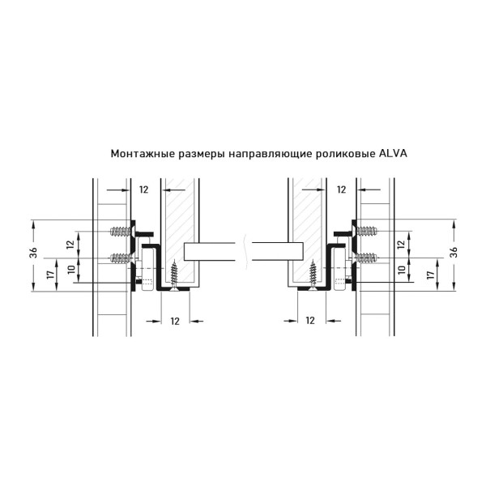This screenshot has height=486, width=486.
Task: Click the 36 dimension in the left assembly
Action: [x=33, y=253]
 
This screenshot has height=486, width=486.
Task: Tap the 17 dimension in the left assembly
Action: [x=51, y=275]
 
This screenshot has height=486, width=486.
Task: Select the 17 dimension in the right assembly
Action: [x=430, y=275]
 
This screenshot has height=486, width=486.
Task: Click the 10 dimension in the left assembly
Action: [x=72, y=269]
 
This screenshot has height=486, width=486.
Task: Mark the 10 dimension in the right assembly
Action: [x=402, y=269]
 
